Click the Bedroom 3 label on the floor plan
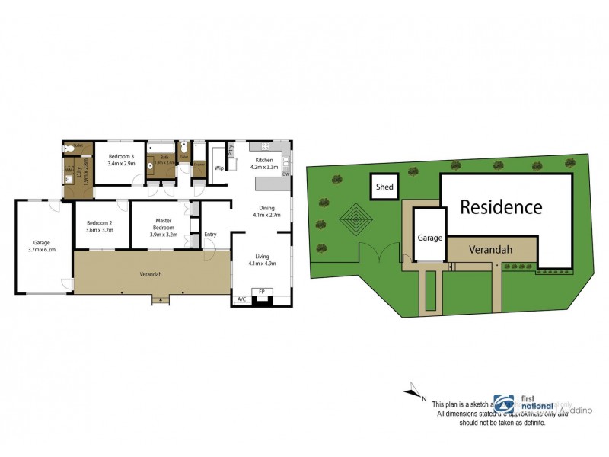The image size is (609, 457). [121, 157]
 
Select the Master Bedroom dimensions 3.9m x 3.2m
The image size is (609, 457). [164, 235]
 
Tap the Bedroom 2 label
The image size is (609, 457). [99, 224]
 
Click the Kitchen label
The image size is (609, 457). [264, 160]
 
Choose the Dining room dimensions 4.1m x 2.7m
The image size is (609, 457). [266, 216]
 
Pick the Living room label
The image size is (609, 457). [262, 257]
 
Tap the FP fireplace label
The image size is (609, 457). [262, 292]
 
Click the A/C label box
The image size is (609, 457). [241, 300]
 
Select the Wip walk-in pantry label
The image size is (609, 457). [218, 168]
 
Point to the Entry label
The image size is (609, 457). [210, 235]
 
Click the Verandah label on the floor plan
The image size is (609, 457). [150, 274]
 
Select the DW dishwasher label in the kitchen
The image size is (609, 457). [286, 174]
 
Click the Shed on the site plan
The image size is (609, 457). [384, 187]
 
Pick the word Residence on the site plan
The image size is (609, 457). [500, 207]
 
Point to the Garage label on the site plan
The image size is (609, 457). [429, 238]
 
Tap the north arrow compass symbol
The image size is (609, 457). [413, 391]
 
